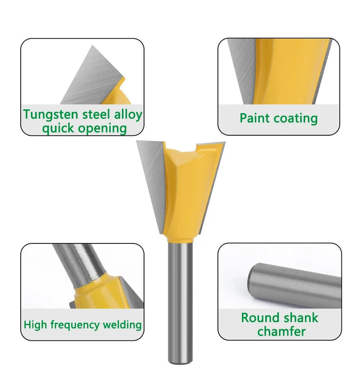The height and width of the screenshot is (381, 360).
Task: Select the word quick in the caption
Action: point(58,128)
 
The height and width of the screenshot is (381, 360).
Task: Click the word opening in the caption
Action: point(102,128)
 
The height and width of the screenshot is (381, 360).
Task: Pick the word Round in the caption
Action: point(261,318)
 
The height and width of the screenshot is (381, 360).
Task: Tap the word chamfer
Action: point(281,332)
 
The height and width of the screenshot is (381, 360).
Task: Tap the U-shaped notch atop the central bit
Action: point(187,149)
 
